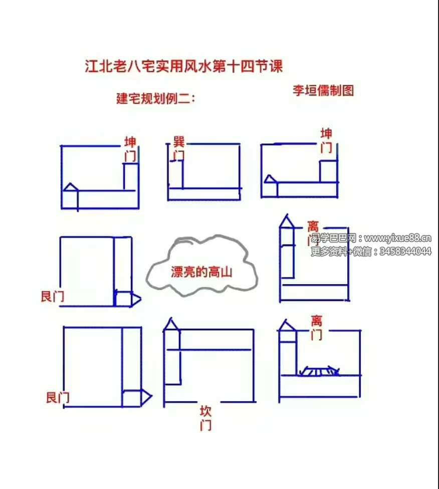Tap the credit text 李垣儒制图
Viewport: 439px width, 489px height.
323,90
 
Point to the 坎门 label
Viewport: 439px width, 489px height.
205,418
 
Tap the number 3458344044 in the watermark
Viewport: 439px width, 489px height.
404,252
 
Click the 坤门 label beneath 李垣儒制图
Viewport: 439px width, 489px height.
326,140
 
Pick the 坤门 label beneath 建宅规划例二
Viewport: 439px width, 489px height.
130,149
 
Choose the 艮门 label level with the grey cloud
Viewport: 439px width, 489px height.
52,297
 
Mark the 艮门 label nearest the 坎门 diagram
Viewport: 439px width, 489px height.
58,398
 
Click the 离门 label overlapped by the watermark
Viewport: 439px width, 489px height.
313,233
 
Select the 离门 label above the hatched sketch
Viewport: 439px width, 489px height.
316,328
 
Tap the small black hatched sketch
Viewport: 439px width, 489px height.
319,371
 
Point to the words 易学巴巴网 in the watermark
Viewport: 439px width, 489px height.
333,238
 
